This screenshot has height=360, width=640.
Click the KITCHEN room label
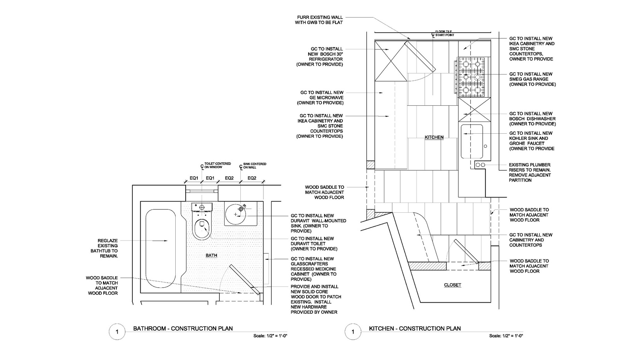[x=434, y=137]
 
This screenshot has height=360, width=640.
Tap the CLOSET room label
[x=452, y=285]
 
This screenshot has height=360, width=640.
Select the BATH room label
[x=211, y=255]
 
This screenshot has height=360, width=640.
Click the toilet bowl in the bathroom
[x=202, y=228]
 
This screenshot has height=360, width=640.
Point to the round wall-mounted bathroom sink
[x=236, y=214]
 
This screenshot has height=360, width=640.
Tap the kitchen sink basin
[x=472, y=141]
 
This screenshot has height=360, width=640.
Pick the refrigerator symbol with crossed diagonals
[x=391, y=61]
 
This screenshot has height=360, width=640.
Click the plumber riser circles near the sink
[x=480, y=165]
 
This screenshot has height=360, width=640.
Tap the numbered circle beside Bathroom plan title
[x=117, y=332]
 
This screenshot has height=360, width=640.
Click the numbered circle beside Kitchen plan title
[x=353, y=332]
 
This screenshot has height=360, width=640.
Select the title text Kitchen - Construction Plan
[x=415, y=328]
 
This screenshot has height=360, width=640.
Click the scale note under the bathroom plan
[x=270, y=336]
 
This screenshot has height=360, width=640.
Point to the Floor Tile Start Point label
[x=444, y=33]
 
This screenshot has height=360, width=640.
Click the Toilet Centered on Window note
[x=217, y=165]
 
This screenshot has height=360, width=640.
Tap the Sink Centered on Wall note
[x=255, y=166]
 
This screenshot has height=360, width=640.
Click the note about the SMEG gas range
[x=532, y=79]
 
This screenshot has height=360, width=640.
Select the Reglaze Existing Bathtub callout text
[x=104, y=248]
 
